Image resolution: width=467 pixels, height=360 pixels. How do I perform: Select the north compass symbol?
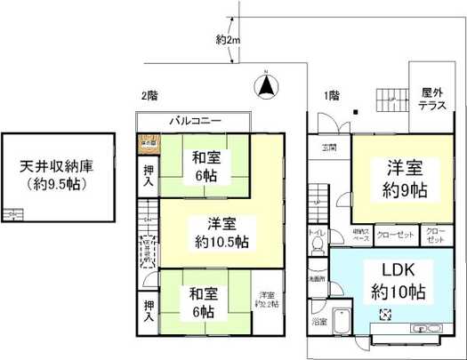(x=265, y=86)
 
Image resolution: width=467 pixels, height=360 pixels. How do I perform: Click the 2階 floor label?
(x=149, y=95)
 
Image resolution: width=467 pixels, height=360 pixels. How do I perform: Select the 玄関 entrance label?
(x=328, y=146)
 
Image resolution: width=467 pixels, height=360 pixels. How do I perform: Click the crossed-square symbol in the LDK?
(x=387, y=312)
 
